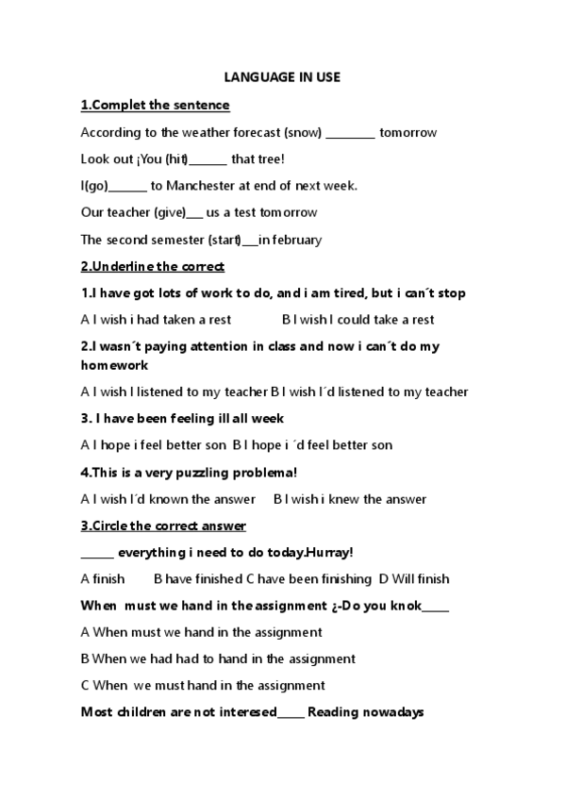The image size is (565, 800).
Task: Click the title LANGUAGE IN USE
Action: (x=282, y=77)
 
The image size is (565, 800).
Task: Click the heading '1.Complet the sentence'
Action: (x=155, y=105)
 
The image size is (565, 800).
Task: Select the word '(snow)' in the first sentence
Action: (x=303, y=132)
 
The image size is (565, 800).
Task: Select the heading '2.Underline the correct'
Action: (x=152, y=266)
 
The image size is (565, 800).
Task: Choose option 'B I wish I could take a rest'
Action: (x=358, y=320)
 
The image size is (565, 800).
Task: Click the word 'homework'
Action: (x=114, y=365)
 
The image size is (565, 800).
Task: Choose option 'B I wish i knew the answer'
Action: (x=350, y=499)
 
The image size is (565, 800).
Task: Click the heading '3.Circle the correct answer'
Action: (x=163, y=525)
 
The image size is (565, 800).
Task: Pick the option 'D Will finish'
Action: (x=414, y=578)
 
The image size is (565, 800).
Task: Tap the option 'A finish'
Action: (x=103, y=578)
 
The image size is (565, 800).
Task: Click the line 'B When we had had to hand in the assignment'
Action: (x=218, y=658)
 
